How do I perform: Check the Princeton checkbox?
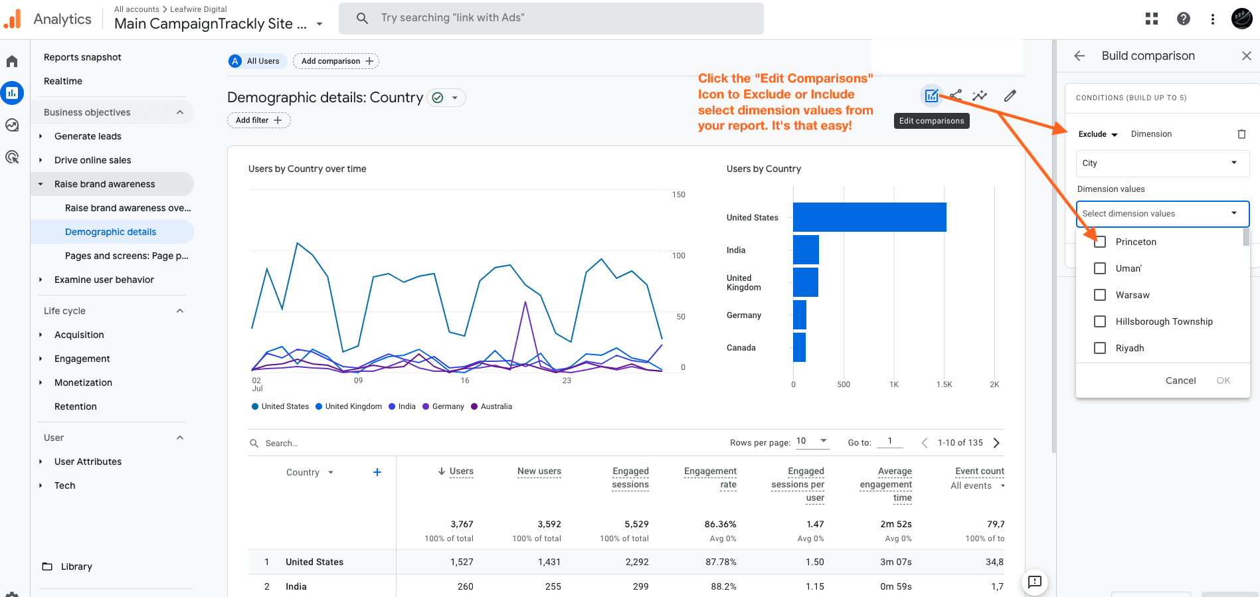tap(1100, 242)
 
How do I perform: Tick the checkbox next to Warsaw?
tap(1100, 295)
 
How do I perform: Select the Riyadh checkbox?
tap(1100, 348)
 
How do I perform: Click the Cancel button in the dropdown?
tap(1180, 381)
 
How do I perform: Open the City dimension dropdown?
tap(1162, 163)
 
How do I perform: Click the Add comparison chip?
tap(336, 61)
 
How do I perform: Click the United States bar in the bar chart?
tap(869, 217)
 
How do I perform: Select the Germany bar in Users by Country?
tap(800, 315)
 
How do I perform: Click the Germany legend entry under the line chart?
tap(444, 406)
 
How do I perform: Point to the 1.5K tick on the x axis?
tap(944, 384)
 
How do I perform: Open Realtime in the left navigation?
tap(63, 81)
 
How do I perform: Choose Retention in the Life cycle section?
tap(76, 406)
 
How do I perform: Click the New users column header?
tap(539, 471)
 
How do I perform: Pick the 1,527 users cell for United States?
tap(462, 562)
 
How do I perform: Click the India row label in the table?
tap(296, 586)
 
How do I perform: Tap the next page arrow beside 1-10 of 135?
tap(996, 443)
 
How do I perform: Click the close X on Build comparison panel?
tap(1247, 56)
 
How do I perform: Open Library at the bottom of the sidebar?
tap(76, 566)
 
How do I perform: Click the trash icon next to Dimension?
tap(1241, 134)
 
